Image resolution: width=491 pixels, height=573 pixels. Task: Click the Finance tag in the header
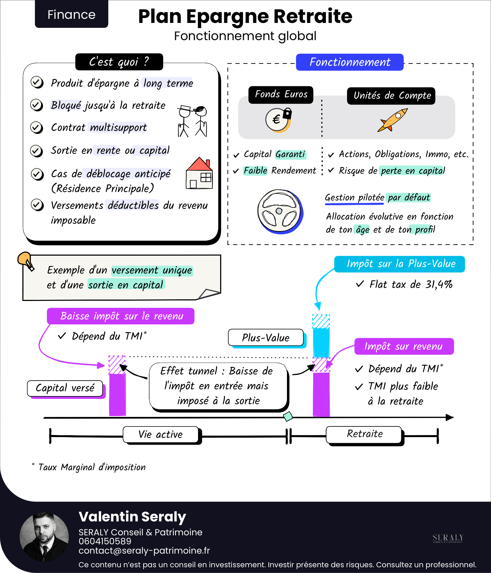tap(71, 14)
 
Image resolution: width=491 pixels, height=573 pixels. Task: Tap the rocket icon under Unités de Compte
tap(393, 120)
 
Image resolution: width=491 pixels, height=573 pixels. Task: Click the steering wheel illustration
tap(280, 211)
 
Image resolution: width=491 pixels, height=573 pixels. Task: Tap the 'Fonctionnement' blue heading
tap(349, 62)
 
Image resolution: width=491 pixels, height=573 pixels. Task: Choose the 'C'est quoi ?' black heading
tap(119, 62)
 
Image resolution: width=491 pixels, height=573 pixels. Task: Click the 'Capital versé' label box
tap(65, 388)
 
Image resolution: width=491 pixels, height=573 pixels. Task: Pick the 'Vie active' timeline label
tap(160, 434)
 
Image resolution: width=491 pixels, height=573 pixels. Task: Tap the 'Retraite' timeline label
tap(364, 434)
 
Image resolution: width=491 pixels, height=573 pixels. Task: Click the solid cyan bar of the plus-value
tap(321, 343)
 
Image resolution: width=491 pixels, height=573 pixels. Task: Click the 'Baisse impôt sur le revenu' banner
tap(121, 316)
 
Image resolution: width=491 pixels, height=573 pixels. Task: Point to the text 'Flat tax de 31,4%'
tap(411, 284)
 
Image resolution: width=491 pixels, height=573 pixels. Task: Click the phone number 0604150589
tap(105, 541)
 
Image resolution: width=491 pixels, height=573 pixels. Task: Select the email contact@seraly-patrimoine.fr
tap(144, 550)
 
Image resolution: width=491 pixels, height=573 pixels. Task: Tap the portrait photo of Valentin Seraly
tap(44, 537)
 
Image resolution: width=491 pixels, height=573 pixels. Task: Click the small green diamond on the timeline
tap(288, 416)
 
